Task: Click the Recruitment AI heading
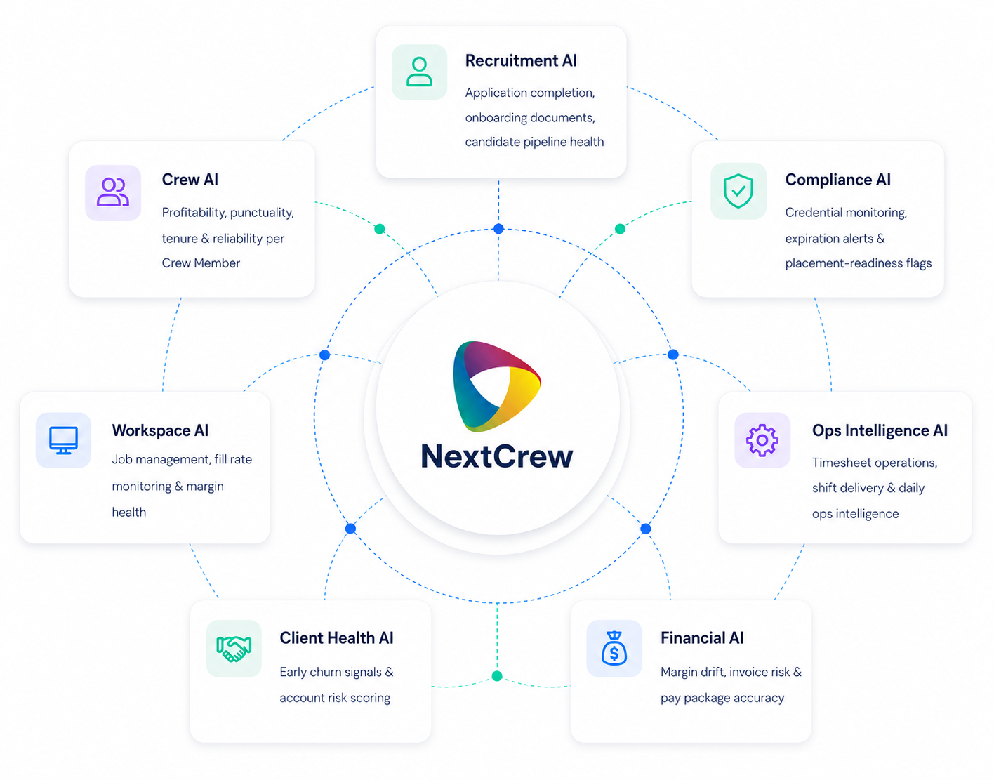coord(521,61)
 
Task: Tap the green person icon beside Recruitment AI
coord(419,72)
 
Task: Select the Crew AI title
coord(190,179)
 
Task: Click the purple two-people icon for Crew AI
coord(112,192)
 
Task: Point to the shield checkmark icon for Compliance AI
coord(738,191)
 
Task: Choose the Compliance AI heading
coord(837,179)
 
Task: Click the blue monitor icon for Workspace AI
coord(63,440)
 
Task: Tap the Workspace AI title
coord(160,430)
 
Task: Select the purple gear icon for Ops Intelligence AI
coord(762,440)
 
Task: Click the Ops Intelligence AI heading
coord(879,430)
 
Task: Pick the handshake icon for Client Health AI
coord(234,649)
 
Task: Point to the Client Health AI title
coord(336,637)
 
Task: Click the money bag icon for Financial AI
coord(614,648)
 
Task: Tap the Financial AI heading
coord(702,637)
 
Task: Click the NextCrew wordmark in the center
coord(497,456)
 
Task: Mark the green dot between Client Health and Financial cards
coord(497,675)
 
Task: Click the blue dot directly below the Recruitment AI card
coord(498,229)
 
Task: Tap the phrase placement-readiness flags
coord(858,263)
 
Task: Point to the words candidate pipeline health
coord(534,142)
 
